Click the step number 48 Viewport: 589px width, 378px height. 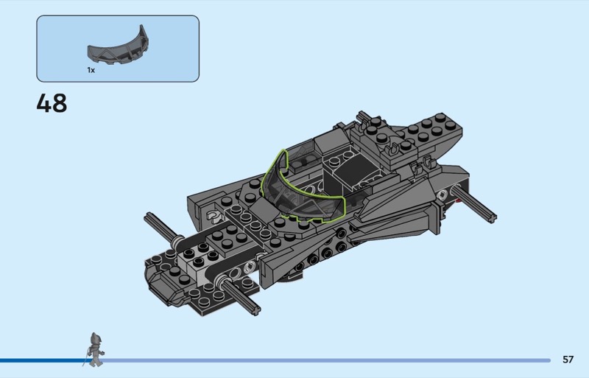coord(52,103)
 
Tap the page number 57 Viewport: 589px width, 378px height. coord(568,360)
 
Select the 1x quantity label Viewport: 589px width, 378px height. coord(91,70)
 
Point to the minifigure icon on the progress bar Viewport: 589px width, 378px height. coord(94,349)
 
